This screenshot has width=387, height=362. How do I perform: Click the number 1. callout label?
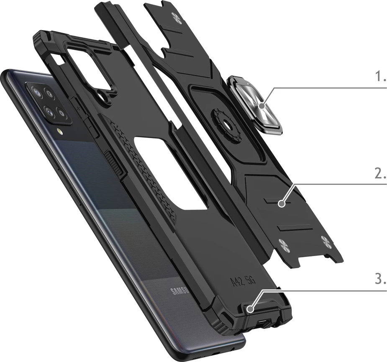[x=380, y=77]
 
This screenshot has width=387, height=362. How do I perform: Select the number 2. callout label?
[x=379, y=175]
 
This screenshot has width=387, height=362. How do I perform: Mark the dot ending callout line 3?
[x=250, y=309]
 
